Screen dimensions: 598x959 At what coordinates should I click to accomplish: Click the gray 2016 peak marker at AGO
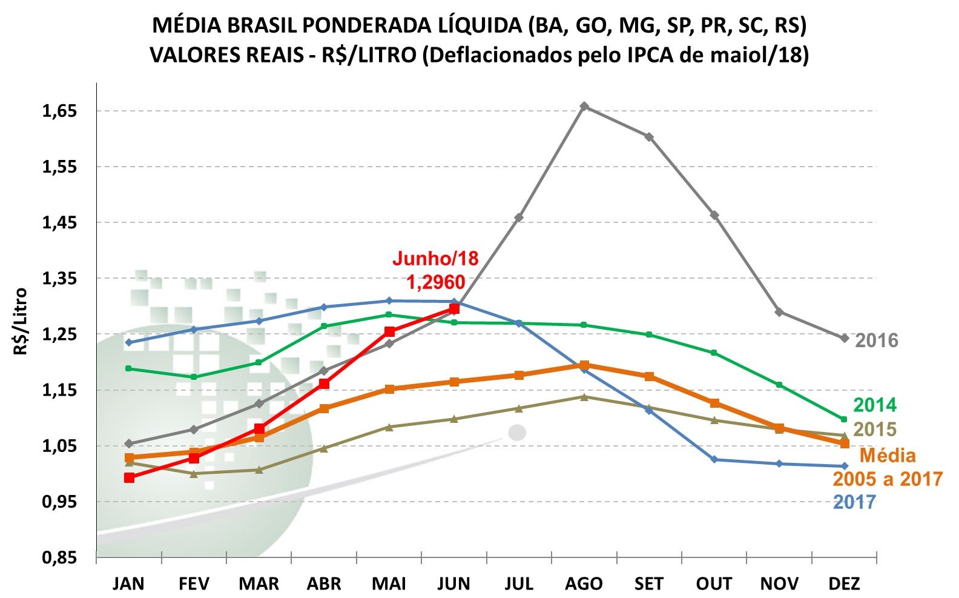(584, 107)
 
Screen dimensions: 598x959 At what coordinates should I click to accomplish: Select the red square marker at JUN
(454, 309)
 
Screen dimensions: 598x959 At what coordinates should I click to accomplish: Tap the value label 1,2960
(435, 282)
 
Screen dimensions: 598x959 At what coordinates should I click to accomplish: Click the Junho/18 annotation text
(435, 259)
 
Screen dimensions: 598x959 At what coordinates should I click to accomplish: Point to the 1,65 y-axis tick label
(59, 111)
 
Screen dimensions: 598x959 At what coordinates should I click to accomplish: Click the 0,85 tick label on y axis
(59, 557)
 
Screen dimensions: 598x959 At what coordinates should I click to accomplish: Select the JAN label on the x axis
(128, 584)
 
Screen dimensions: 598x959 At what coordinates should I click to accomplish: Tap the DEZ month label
(844, 584)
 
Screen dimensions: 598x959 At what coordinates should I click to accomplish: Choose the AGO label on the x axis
(584, 584)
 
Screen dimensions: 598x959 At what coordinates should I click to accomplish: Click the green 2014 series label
(874, 405)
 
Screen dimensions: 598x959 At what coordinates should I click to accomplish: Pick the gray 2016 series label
(876, 341)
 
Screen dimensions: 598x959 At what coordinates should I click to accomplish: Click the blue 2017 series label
(854, 502)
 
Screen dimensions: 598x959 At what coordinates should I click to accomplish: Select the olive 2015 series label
(874, 430)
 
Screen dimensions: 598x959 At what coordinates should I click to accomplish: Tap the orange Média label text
(888, 456)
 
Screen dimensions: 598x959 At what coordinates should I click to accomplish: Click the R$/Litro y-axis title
(21, 321)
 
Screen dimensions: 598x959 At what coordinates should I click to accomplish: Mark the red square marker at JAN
(129, 477)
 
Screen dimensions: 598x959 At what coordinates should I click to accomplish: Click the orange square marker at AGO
(584, 365)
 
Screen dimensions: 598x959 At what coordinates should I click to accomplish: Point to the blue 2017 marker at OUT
(714, 459)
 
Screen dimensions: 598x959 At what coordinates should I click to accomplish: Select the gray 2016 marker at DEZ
(844, 338)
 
